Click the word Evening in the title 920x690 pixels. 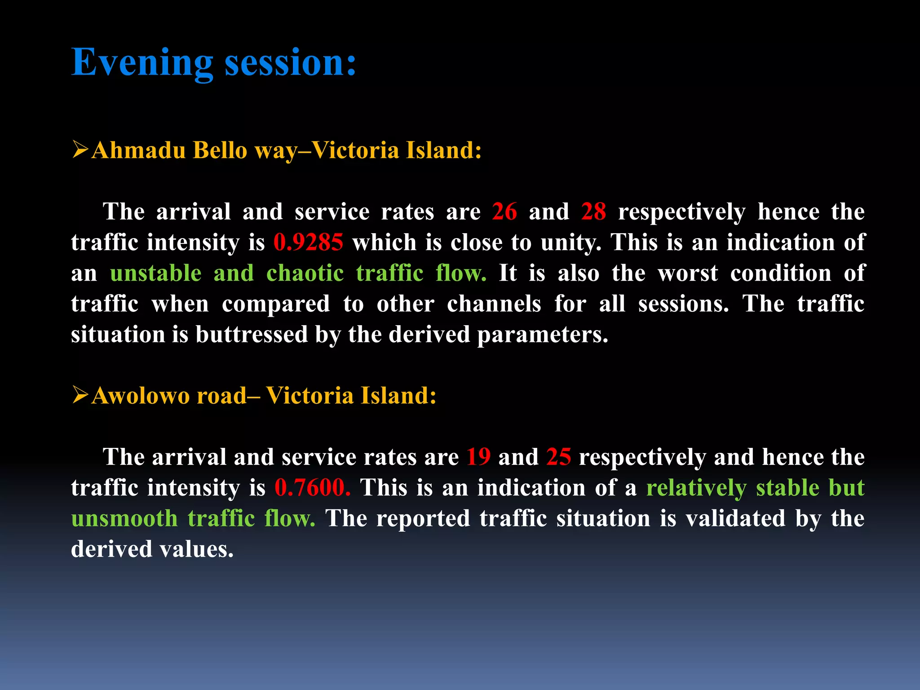click(x=142, y=63)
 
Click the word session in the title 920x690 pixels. click(x=290, y=63)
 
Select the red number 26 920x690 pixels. click(x=504, y=212)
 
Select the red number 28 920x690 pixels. click(x=593, y=212)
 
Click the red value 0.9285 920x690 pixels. click(x=308, y=243)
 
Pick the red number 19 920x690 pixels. click(x=478, y=457)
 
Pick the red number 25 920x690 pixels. click(x=558, y=457)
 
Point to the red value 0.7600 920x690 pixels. click(x=312, y=488)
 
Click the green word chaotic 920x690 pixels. click(x=305, y=273)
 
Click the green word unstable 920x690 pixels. click(x=155, y=273)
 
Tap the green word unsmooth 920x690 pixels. click(x=124, y=518)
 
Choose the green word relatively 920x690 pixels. click(x=696, y=488)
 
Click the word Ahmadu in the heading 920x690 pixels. click(x=138, y=150)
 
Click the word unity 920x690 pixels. click(x=571, y=243)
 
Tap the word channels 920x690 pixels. click(x=494, y=304)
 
